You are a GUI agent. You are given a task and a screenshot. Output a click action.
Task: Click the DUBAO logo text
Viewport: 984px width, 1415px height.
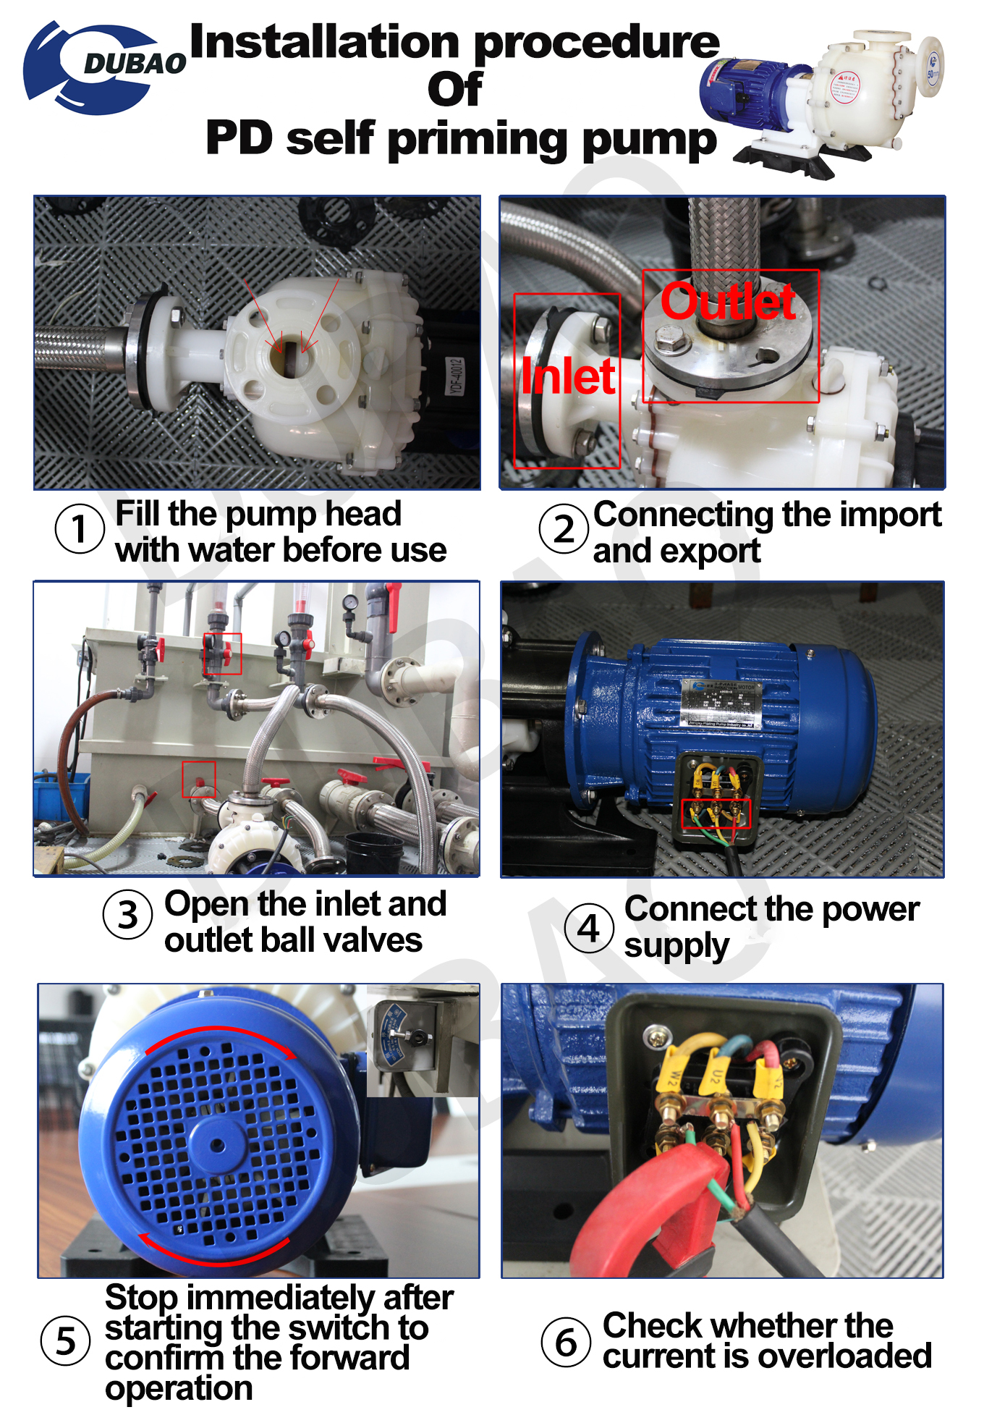(x=135, y=64)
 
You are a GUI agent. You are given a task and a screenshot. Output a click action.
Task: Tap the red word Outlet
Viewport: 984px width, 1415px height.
(x=728, y=302)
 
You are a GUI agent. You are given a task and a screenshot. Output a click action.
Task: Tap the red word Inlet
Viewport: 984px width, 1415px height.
(x=568, y=376)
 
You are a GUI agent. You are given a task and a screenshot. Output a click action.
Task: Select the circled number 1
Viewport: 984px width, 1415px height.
(x=80, y=528)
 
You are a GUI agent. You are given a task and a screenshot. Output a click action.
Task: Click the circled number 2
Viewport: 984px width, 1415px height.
(x=564, y=529)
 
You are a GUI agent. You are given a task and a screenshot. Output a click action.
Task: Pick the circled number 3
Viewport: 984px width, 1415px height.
(x=128, y=915)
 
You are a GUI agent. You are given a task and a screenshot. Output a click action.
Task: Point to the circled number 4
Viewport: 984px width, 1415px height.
(x=589, y=928)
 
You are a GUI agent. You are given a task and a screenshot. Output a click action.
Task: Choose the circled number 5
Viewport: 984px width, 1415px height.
(x=66, y=1340)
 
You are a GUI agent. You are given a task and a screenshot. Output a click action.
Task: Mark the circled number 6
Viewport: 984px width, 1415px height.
(x=566, y=1342)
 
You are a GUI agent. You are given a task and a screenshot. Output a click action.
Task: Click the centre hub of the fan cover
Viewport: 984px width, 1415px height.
(x=216, y=1145)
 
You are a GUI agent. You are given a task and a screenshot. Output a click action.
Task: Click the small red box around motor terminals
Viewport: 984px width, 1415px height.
(x=716, y=814)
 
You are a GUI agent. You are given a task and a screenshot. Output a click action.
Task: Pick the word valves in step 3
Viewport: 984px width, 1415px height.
(x=383, y=940)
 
